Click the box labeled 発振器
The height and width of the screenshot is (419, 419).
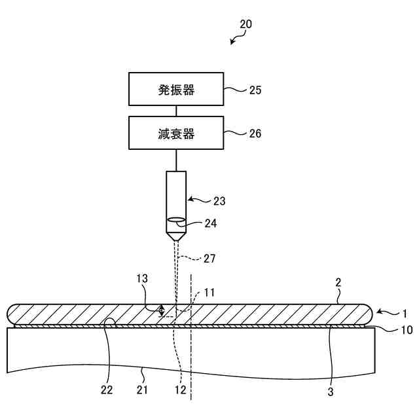click(176, 90)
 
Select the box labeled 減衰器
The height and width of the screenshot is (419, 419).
click(176, 134)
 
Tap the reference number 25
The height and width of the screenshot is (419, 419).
click(255, 90)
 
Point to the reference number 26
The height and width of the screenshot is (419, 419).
click(255, 134)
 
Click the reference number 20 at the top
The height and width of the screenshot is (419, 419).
click(246, 24)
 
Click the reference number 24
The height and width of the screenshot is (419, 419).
click(210, 223)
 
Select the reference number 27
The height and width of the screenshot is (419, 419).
click(209, 258)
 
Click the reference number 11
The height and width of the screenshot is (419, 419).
click(209, 291)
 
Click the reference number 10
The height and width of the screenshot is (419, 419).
click(407, 330)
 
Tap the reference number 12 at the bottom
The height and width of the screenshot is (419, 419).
click(181, 392)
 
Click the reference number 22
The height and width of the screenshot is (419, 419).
click(107, 392)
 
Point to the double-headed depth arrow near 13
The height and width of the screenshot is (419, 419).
click(161, 311)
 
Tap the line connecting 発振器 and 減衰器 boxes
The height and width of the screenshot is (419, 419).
click(176, 111)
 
